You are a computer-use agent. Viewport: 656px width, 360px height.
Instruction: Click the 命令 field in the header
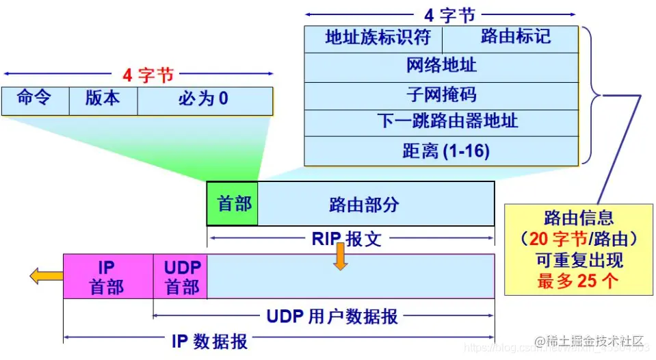[35, 100]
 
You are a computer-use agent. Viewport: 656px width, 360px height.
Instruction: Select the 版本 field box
[103, 100]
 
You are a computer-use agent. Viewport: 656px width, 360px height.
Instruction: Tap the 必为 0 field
[205, 100]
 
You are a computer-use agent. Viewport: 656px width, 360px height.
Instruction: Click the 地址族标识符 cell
[373, 38]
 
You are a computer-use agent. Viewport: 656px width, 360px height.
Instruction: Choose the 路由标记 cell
[510, 38]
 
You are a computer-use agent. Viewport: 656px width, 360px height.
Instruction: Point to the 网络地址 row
[441, 67]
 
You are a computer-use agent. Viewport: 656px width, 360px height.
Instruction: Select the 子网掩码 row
[441, 95]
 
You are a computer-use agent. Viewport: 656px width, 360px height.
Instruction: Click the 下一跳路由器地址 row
[441, 123]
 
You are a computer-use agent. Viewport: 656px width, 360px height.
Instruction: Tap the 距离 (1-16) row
[441, 151]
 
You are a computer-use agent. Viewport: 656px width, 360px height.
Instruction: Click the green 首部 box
[233, 204]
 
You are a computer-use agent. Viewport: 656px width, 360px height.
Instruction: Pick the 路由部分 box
[376, 204]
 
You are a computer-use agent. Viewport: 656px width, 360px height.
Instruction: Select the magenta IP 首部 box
[107, 277]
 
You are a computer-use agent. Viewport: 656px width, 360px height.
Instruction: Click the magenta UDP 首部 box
[181, 277]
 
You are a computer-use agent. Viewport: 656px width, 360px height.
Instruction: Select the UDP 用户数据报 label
[331, 316]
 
